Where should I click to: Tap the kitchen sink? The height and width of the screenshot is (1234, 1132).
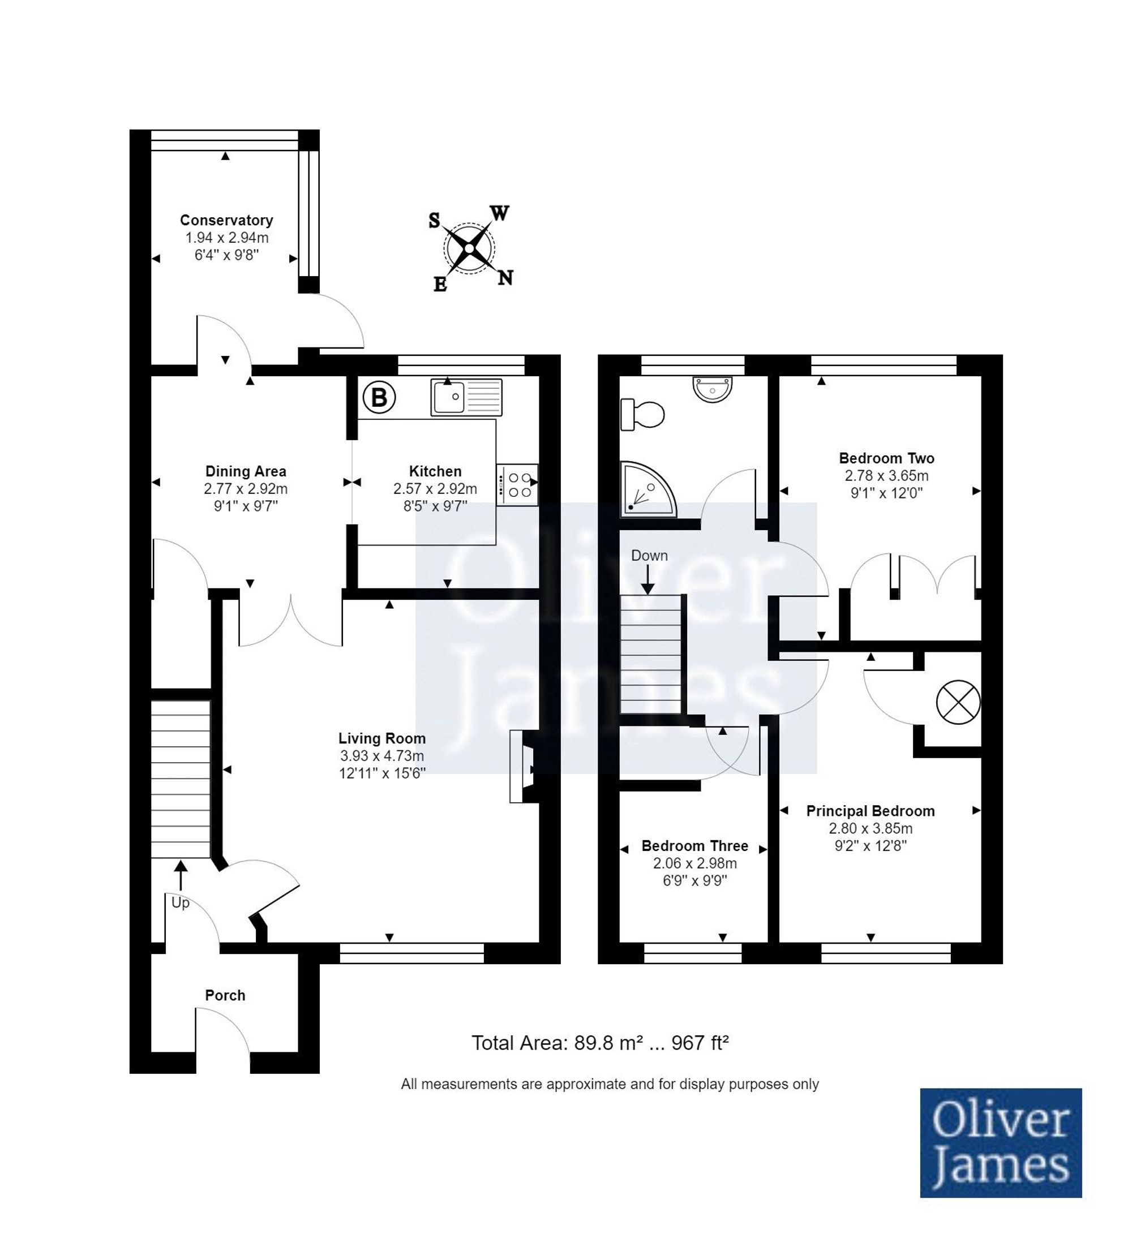[x=466, y=397]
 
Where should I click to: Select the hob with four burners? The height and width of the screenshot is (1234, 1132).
[x=518, y=484]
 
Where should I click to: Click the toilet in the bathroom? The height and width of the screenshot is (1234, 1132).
[x=642, y=415]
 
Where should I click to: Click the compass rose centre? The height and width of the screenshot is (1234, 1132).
[x=469, y=248]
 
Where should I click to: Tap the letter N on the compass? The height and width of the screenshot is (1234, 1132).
[x=505, y=278]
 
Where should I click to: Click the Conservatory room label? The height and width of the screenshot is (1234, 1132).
[x=226, y=220]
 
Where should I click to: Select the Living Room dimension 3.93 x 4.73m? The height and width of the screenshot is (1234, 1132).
[x=382, y=756]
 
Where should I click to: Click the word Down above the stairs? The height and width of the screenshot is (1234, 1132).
[x=649, y=556]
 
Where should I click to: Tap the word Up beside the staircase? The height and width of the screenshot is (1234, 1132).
[x=180, y=902]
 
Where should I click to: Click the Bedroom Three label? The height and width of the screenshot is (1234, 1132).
[x=694, y=846]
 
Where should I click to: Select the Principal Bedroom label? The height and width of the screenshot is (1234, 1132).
[x=871, y=811]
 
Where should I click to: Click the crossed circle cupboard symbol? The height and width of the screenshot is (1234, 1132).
[x=959, y=702]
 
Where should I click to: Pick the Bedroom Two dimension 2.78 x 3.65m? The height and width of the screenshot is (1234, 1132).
[x=886, y=475]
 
